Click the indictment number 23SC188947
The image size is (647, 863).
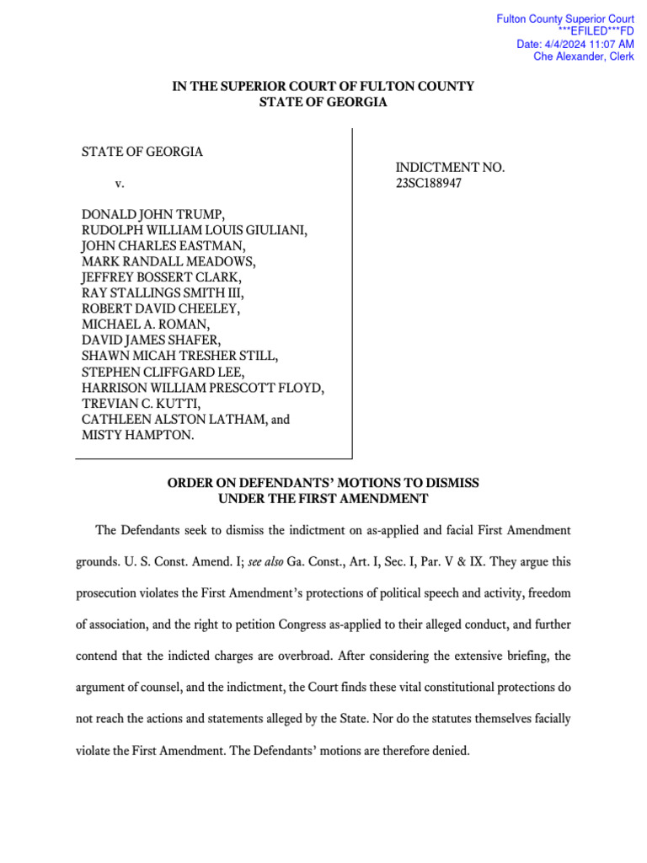430,184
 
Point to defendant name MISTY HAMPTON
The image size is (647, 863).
137,435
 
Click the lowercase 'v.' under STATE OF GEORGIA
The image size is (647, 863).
119,184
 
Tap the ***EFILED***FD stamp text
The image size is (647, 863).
596,31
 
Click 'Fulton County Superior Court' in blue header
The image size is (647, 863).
565,19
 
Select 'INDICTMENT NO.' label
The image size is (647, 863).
450,168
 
